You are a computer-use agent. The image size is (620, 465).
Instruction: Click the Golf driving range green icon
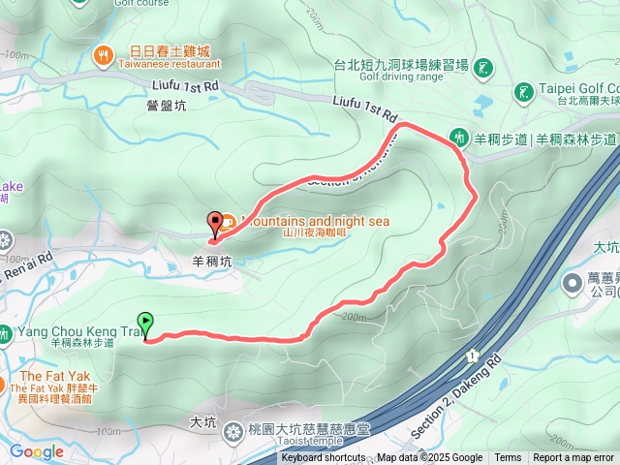coord(482,67)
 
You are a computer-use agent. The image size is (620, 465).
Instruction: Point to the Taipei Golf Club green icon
coord(523,93)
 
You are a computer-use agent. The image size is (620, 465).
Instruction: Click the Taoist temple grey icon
coord(233,433)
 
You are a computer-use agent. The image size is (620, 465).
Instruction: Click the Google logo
coord(36,451)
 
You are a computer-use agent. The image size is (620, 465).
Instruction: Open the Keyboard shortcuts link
coord(324,458)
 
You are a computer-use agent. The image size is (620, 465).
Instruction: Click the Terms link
coord(508,458)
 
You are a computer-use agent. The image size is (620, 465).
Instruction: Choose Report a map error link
coord(573,458)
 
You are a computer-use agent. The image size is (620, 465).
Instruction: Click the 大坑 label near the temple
coord(203,422)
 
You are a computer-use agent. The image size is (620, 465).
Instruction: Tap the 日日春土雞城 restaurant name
coord(170,50)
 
